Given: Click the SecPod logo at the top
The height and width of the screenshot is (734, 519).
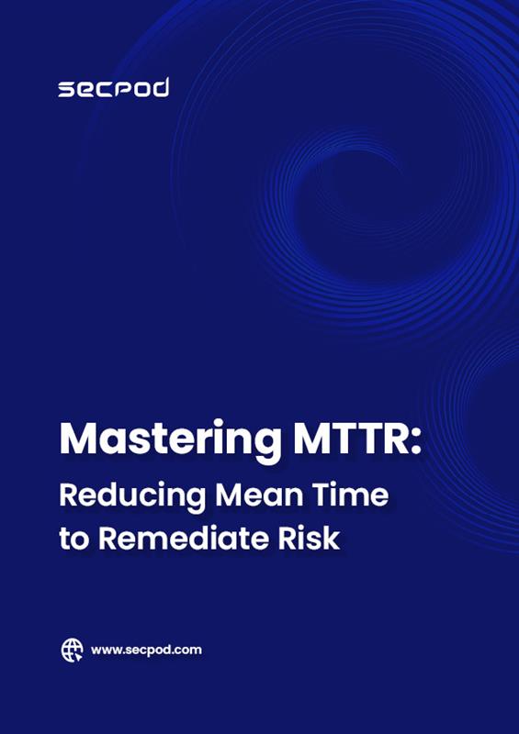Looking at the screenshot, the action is click(114, 88).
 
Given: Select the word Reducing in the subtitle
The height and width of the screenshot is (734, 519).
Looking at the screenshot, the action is click(132, 497).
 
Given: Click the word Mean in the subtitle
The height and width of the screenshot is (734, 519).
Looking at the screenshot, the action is click(262, 495).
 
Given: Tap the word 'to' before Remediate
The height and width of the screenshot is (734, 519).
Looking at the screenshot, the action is click(73, 539).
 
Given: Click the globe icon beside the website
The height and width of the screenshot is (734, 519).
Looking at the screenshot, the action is click(73, 651).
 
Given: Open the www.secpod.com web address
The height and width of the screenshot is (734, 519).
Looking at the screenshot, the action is click(146, 651).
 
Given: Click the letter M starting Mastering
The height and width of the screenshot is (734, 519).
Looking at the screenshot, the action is click(78, 439).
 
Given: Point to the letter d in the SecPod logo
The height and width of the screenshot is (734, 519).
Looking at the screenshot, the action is click(160, 87).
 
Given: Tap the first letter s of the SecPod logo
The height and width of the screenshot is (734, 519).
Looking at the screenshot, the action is click(66, 90).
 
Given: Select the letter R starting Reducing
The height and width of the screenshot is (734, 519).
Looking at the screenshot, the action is click(69, 495).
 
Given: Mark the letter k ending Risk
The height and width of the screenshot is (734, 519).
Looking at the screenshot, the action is click(332, 539).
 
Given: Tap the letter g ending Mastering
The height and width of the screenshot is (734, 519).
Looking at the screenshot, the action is click(268, 446).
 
